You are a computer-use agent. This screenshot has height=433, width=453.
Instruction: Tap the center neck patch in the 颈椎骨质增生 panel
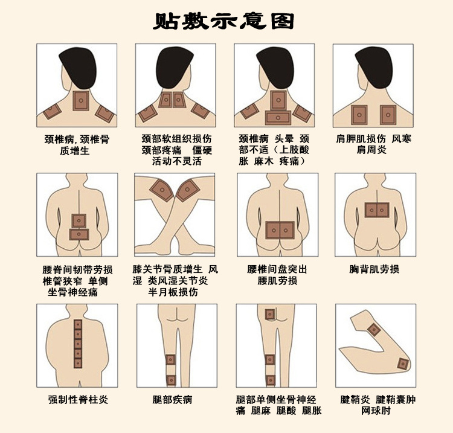(x=80, y=101)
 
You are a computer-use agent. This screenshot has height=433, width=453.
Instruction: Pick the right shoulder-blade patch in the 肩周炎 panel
(x=387, y=113)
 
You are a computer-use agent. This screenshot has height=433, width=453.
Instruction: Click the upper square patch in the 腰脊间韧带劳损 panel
(x=79, y=220)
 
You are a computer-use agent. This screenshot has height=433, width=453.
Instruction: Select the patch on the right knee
(x=187, y=190)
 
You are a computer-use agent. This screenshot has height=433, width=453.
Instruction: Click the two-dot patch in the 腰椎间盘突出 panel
(x=280, y=229)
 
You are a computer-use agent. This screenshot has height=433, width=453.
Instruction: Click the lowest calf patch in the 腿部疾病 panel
(x=171, y=380)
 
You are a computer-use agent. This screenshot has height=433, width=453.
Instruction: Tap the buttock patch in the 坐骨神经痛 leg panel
(x=269, y=315)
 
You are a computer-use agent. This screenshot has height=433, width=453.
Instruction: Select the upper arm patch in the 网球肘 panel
(x=374, y=329)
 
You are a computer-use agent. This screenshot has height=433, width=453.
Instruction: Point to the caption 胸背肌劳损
(x=374, y=269)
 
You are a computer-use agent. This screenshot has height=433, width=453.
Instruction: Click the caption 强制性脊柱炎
(x=79, y=400)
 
